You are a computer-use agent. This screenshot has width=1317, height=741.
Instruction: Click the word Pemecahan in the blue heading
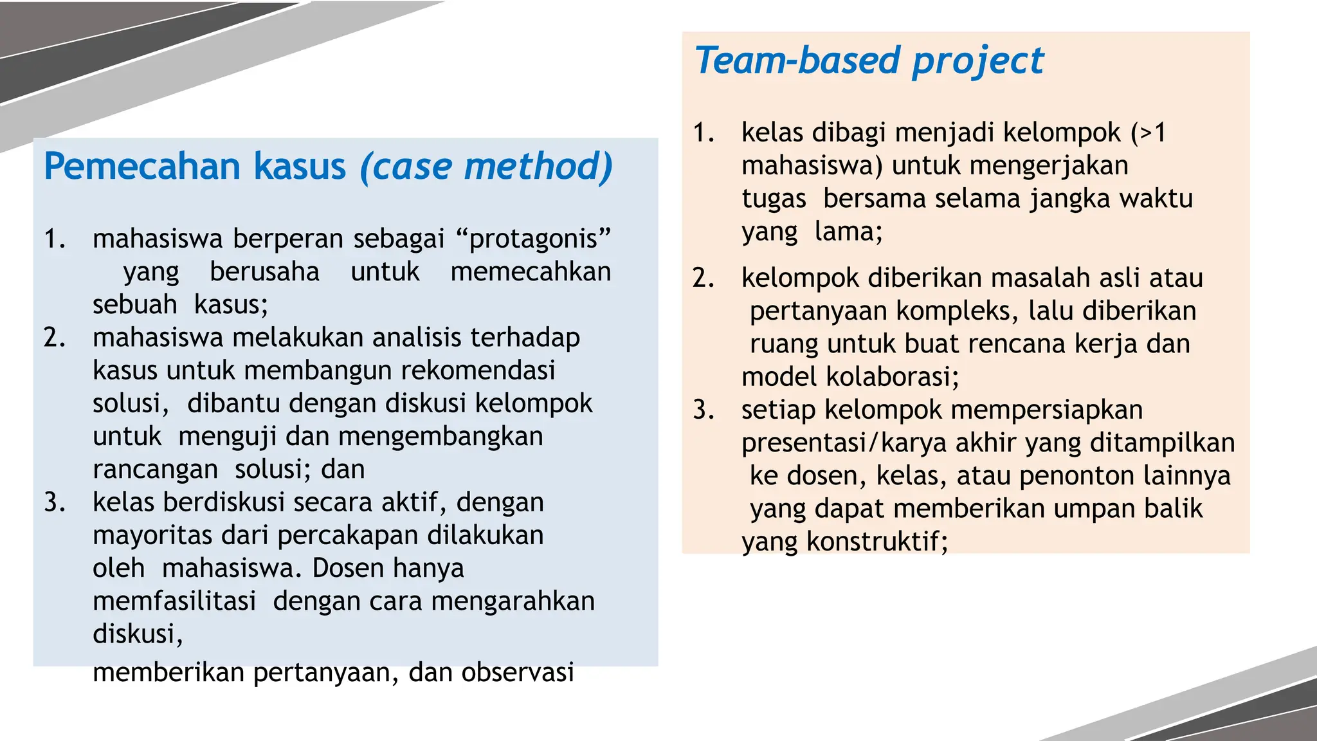142,167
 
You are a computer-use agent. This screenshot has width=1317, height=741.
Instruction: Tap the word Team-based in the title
797,60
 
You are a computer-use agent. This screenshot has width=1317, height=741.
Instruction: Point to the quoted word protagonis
534,239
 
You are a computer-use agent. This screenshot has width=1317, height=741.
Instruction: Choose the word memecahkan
531,271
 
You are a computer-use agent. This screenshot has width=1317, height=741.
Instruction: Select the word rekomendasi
478,370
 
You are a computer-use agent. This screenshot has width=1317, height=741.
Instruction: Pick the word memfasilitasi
174,601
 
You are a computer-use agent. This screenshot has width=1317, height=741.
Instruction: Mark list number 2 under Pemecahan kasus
55,338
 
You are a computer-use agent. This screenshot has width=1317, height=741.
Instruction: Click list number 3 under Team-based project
704,410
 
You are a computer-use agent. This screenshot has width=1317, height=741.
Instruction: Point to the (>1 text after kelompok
1149,133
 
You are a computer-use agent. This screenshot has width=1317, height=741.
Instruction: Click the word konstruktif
877,542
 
